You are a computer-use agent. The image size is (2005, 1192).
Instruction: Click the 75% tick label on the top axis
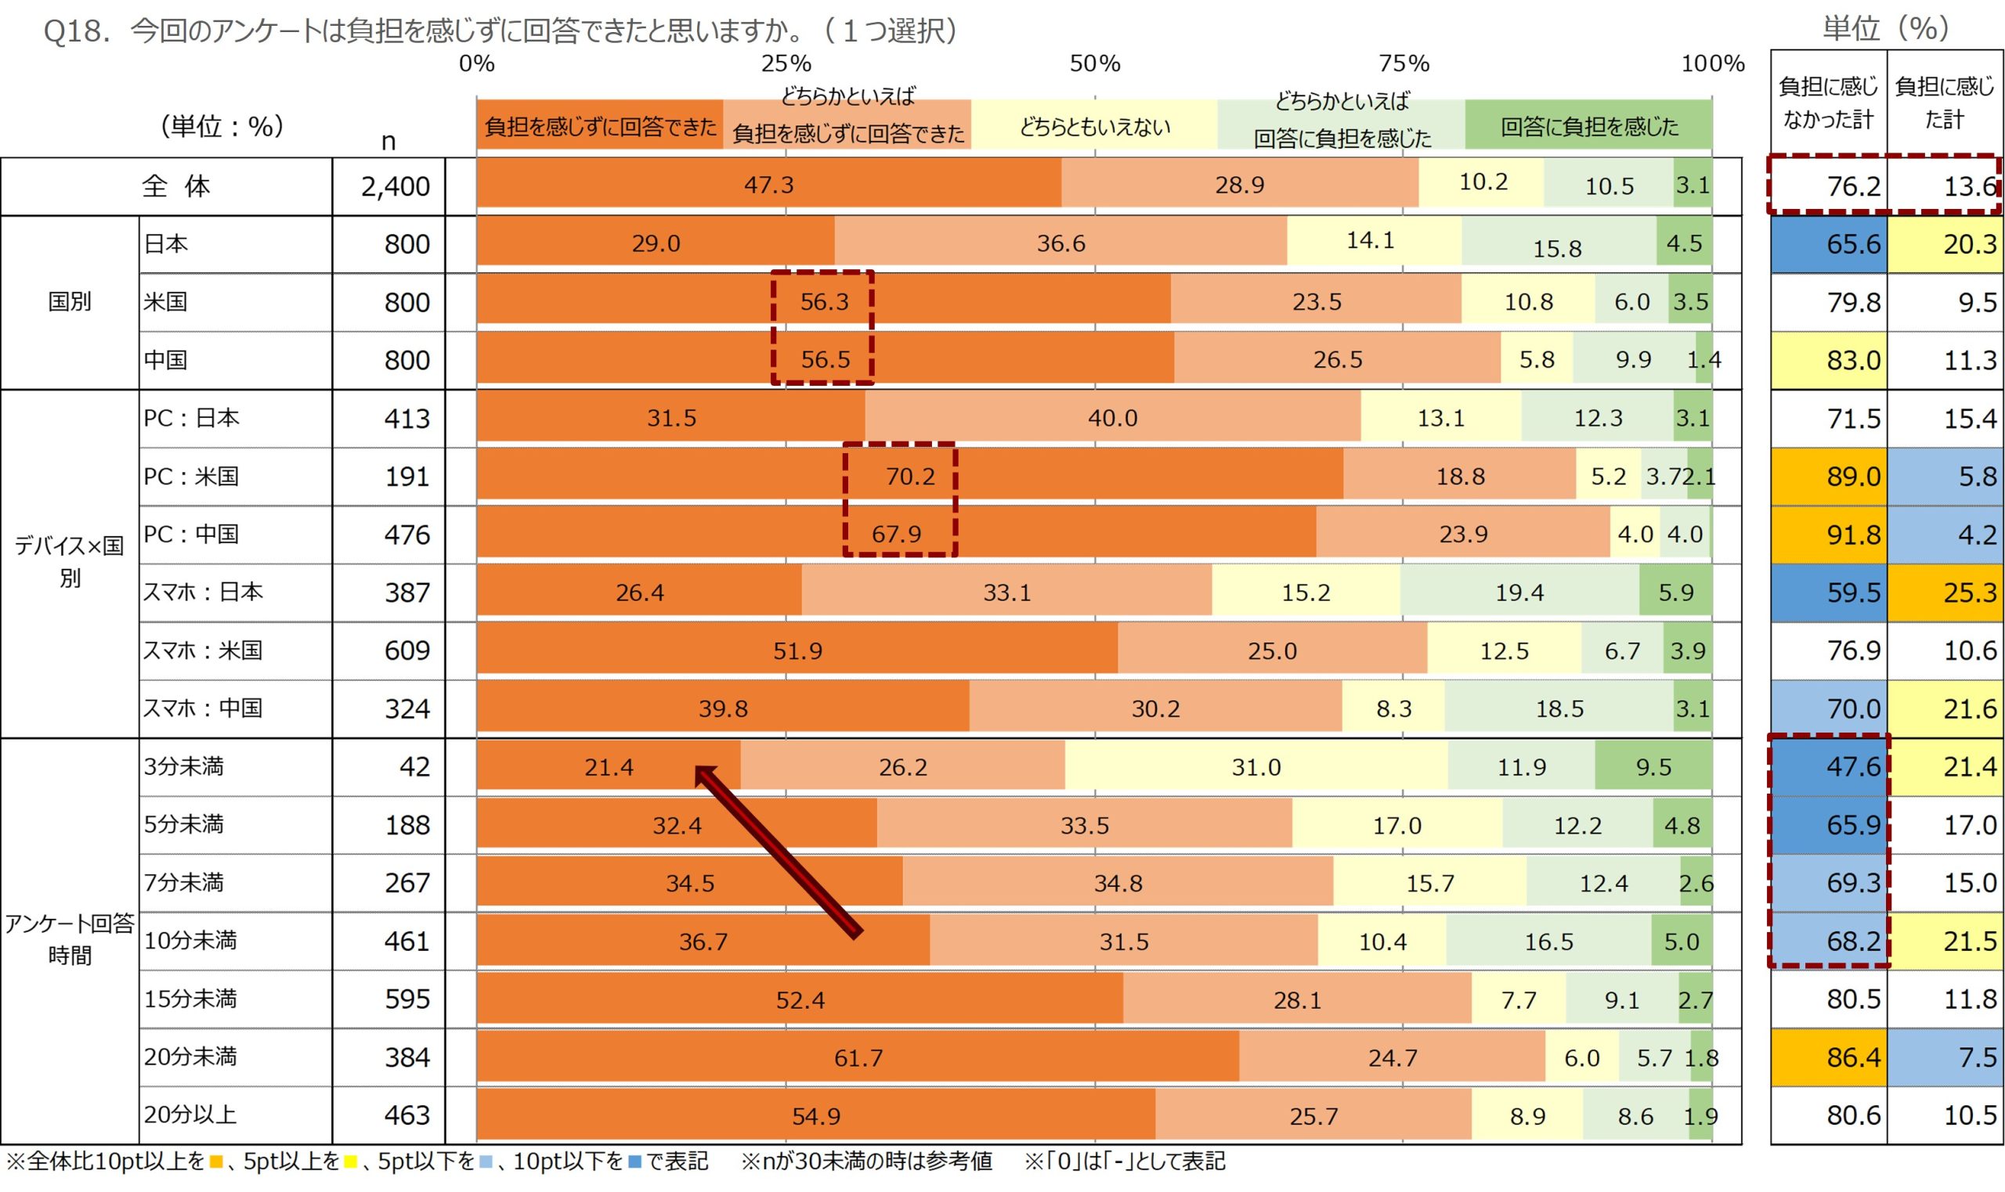[x=1403, y=63]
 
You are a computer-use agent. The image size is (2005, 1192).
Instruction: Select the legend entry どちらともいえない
[x=1093, y=126]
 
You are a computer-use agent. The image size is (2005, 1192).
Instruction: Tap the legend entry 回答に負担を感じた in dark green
[x=1588, y=126]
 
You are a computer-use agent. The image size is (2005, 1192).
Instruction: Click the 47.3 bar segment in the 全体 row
[x=768, y=185]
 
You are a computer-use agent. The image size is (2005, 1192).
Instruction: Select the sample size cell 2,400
[x=395, y=186]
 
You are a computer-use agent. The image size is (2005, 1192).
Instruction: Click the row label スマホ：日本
[x=203, y=592]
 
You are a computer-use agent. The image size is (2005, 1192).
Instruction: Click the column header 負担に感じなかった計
[x=1827, y=102]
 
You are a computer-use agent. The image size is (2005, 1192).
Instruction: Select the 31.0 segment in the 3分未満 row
[x=1255, y=767]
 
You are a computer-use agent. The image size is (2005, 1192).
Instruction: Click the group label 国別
[x=69, y=302]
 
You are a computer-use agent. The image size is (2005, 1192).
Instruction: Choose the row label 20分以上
[x=190, y=1114]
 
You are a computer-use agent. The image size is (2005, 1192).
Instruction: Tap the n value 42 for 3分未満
[x=414, y=766]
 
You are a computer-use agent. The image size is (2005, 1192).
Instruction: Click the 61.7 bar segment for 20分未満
[x=858, y=1058]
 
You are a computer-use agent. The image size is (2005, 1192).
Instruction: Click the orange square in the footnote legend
[x=215, y=1161]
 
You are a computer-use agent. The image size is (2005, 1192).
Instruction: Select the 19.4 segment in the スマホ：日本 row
[x=1518, y=592]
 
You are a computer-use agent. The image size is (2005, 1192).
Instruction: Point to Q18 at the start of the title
[x=74, y=31]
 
